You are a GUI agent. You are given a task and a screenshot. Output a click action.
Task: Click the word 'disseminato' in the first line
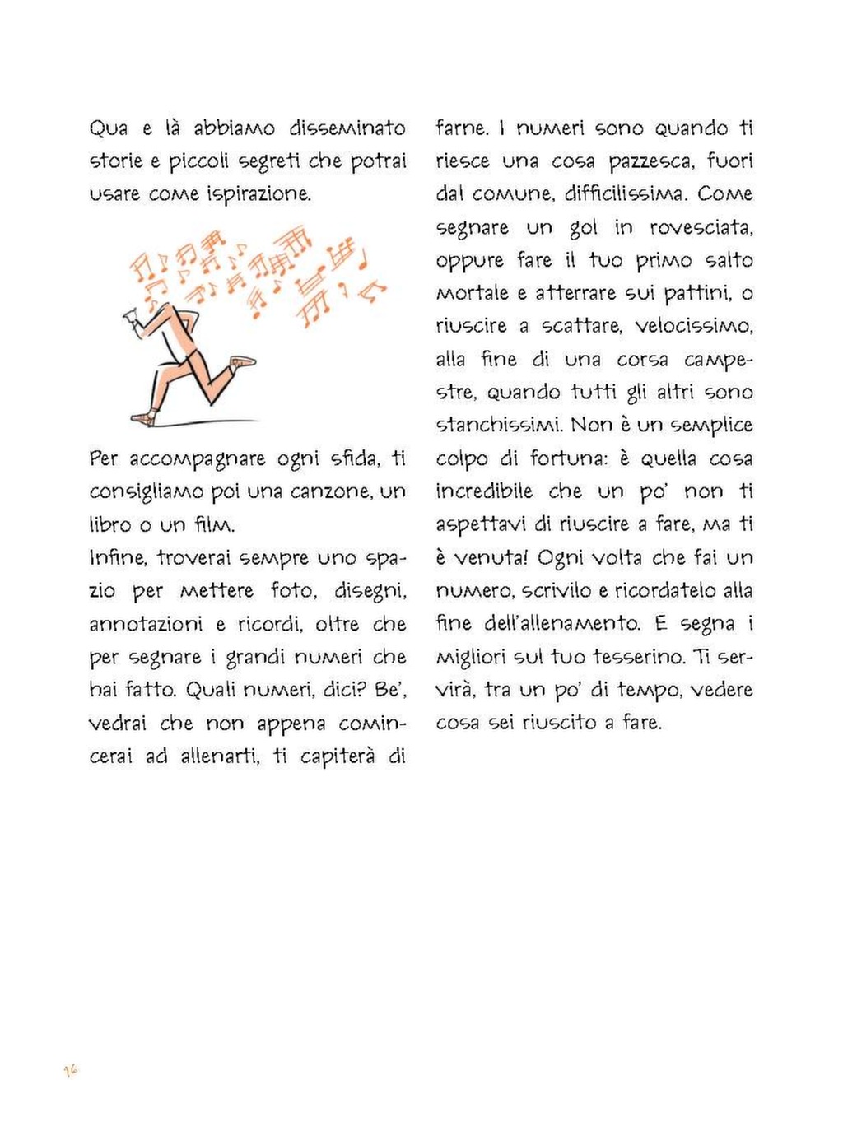(x=347, y=128)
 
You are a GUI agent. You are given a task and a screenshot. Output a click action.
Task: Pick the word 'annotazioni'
(x=146, y=624)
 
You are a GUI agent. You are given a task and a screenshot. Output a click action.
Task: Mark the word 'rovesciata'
(x=701, y=227)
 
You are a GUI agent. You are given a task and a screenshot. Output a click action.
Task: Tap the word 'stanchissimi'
(x=498, y=425)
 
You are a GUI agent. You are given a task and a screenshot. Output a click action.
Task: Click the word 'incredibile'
(x=484, y=491)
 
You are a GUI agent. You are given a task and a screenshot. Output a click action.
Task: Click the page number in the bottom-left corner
(x=71, y=1070)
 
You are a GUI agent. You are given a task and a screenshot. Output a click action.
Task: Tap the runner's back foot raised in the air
(x=244, y=361)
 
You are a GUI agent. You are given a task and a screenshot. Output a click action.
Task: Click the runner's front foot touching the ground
(x=144, y=417)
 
